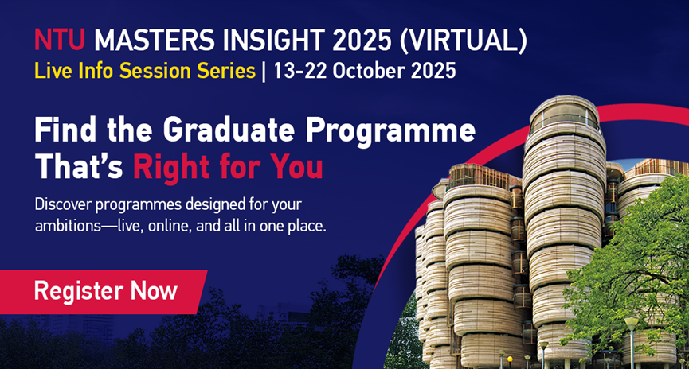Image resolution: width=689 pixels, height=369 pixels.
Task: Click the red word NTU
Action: click(x=59, y=40)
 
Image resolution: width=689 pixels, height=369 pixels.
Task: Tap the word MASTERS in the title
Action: click(x=155, y=40)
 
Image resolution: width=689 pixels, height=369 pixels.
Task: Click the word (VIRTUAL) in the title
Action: click(x=463, y=41)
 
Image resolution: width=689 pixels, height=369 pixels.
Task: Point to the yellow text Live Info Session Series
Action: click(x=145, y=71)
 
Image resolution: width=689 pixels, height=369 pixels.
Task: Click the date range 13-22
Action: click(x=300, y=71)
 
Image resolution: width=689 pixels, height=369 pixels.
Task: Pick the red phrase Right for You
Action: click(x=228, y=167)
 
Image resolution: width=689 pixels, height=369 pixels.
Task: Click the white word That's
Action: click(x=79, y=167)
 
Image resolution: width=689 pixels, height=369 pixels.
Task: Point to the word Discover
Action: click(x=62, y=204)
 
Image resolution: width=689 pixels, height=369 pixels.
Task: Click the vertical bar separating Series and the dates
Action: click(x=264, y=72)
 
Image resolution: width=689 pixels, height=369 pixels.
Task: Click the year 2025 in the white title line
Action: click(x=362, y=40)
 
